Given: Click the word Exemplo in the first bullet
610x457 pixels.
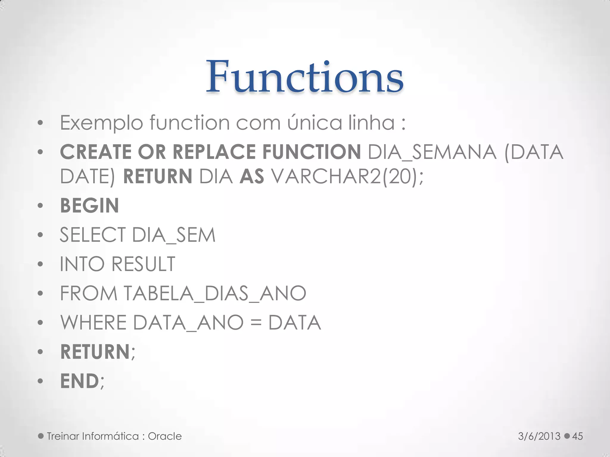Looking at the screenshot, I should coord(101,123).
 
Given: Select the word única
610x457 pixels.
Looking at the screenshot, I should coord(315,123).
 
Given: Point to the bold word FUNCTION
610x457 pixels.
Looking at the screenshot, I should coord(312,152).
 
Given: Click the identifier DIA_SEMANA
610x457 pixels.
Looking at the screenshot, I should coord(432,152).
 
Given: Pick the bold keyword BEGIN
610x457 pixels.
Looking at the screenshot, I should coord(89,206).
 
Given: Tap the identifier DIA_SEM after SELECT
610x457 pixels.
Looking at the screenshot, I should coord(173,235).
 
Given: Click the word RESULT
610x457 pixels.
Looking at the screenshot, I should coord(143,264).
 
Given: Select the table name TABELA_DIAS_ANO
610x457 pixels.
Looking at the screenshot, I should coord(215,293).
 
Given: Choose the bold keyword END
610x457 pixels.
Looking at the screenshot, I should coord(79,381).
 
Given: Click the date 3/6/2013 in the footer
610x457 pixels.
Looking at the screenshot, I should coord(539,436).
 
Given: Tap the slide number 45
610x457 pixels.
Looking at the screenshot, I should coord(578,436).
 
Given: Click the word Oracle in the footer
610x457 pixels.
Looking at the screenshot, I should coord(165,436).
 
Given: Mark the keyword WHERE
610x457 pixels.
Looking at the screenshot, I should coord(94,323).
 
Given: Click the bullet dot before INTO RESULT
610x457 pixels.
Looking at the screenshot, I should coord(41,264).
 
